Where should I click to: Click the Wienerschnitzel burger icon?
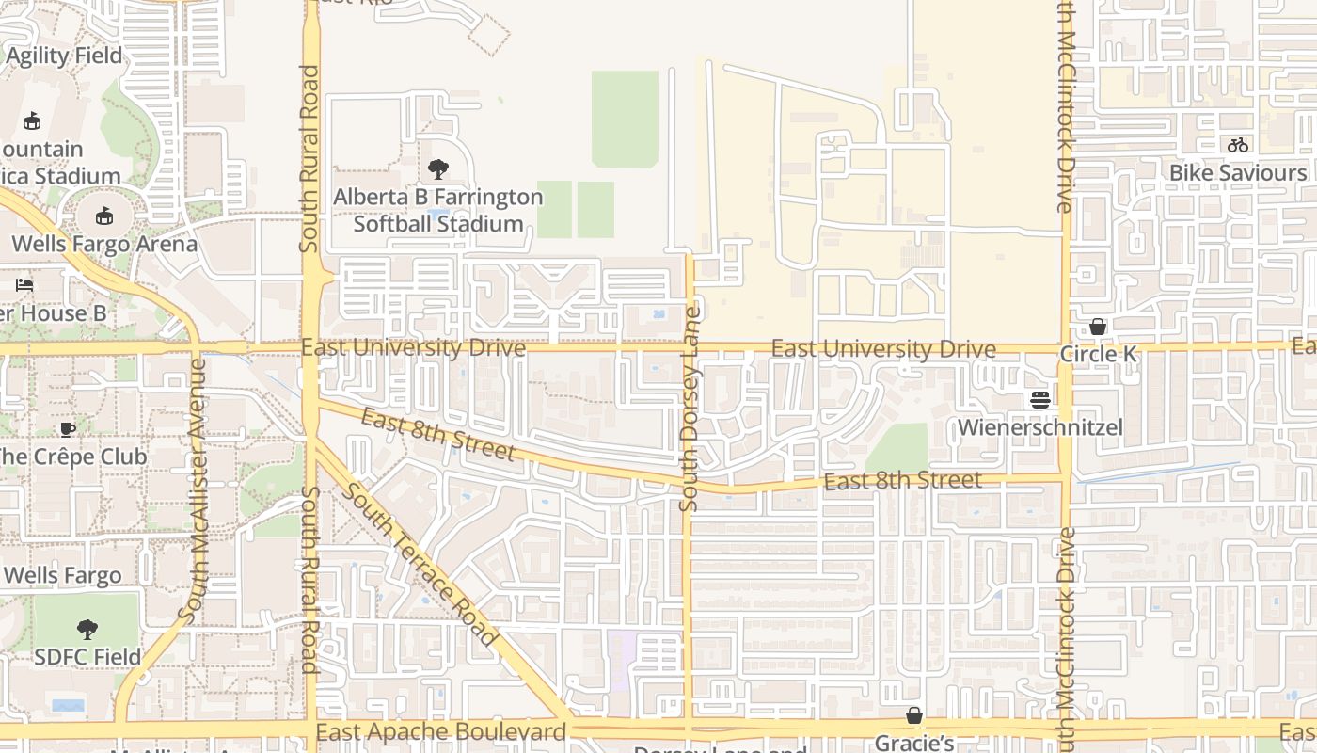click(1039, 400)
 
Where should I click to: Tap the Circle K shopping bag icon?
click(1097, 327)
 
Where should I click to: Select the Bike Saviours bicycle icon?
click(1237, 145)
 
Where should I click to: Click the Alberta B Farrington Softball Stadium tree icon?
click(437, 169)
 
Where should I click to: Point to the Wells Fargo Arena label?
click(104, 244)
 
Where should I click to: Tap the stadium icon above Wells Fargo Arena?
click(104, 216)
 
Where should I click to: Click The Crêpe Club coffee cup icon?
click(67, 429)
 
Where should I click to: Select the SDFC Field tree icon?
click(87, 629)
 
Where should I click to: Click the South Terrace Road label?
click(419, 564)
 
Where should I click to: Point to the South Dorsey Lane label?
click(691, 409)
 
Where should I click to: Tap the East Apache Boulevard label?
click(441, 731)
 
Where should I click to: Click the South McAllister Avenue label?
click(193, 491)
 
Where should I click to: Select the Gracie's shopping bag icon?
click(913, 716)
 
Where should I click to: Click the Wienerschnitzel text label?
click(1039, 428)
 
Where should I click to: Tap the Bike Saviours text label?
click(1237, 173)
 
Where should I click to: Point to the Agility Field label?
click(64, 56)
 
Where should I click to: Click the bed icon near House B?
click(25, 284)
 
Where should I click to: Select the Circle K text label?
click(1098, 355)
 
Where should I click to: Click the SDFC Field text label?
click(87, 656)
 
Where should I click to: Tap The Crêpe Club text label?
click(72, 457)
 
